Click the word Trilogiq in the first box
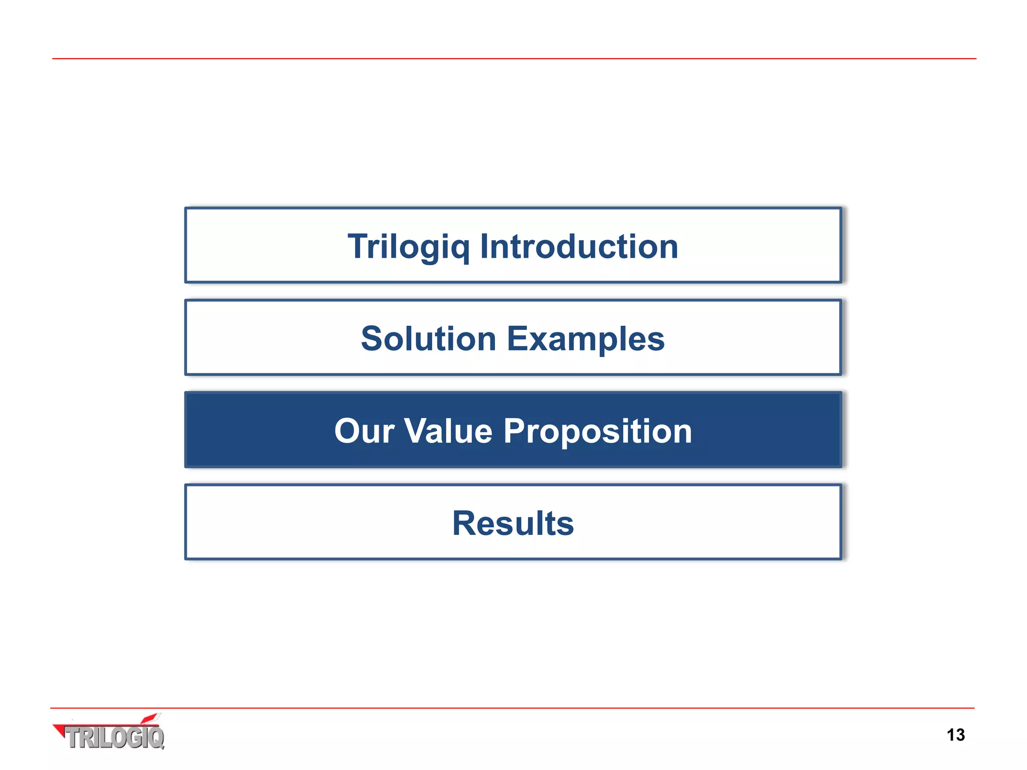tap(409, 247)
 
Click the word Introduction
tap(579, 247)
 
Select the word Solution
tap(429, 339)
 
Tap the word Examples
tap(586, 339)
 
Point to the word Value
tap(448, 431)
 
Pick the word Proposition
tap(598, 431)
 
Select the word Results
tap(513, 523)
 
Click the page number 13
tap(955, 735)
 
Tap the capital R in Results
tap(464, 523)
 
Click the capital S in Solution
tap(373, 339)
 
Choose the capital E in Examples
tap(518, 339)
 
